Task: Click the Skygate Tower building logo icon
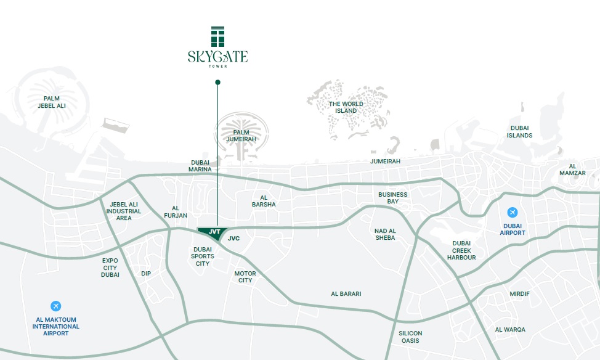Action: [217, 36]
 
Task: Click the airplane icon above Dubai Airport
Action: [513, 213]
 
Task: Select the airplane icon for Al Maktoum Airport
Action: [56, 306]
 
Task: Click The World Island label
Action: [346, 107]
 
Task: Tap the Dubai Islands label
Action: [520, 131]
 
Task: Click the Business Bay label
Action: [393, 198]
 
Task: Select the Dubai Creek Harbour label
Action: [461, 250]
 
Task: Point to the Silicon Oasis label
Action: [410, 337]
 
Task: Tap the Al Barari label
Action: [346, 294]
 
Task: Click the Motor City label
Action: [245, 277]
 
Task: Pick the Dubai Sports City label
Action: [203, 256]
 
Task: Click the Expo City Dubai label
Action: [110, 268]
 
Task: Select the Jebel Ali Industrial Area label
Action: [124, 211]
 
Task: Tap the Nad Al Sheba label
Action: [385, 234]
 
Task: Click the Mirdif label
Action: [519, 293]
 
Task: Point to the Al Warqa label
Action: [510, 330]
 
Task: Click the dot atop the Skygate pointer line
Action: [217, 82]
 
